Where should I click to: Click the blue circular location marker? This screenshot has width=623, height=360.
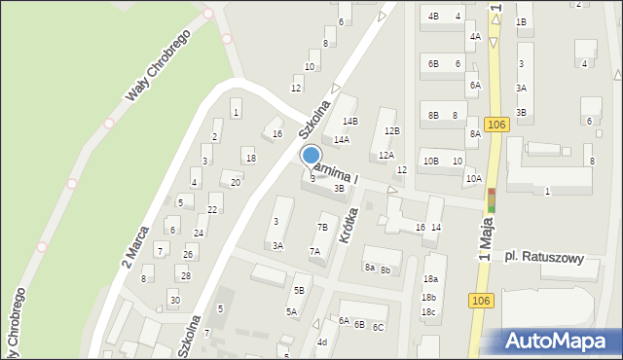tap(311, 155)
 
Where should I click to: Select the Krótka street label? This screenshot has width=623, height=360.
tap(348, 225)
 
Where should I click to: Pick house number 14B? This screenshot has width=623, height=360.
tap(350, 121)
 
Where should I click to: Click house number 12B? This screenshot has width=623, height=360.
tap(391, 130)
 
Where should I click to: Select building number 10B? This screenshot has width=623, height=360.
tap(430, 161)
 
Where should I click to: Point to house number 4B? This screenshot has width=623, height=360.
tap(432, 17)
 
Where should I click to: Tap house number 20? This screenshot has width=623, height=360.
tap(235, 182)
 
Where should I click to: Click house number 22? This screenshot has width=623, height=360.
tap(212, 209)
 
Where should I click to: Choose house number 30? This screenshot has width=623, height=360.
tap(174, 300)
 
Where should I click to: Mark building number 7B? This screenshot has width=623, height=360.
tap(322, 227)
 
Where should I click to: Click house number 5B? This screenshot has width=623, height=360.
tap(300, 290)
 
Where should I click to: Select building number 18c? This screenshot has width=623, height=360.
tap(428, 311)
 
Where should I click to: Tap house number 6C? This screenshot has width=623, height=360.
tap(378, 327)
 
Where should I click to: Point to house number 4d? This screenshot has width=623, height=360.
tap(321, 342)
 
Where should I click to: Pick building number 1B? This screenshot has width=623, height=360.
tap(522, 21)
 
